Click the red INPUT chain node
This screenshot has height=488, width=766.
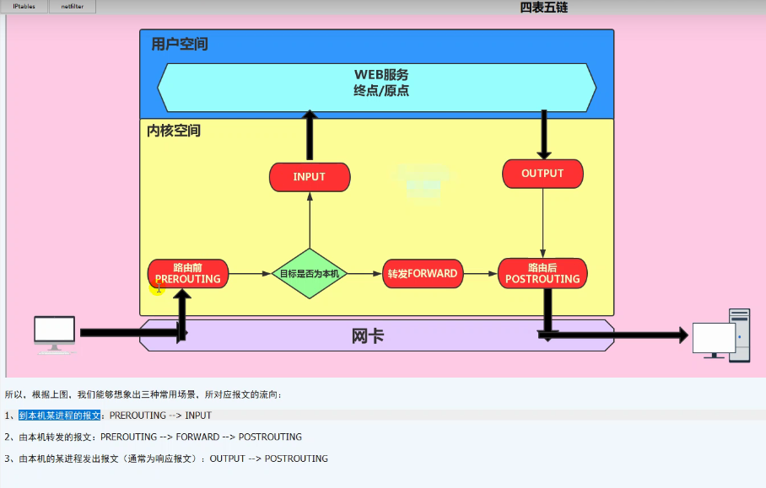[x=309, y=177]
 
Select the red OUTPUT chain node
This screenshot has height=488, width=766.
[x=542, y=174]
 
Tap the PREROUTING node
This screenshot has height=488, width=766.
[x=188, y=274]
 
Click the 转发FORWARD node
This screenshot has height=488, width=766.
[x=423, y=274]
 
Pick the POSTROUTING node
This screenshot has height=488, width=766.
[x=542, y=274]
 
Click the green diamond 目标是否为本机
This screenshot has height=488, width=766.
[x=310, y=274]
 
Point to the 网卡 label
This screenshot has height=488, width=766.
[x=368, y=335]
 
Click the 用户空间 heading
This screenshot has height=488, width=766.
[x=180, y=44]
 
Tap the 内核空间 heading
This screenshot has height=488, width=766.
[x=174, y=131]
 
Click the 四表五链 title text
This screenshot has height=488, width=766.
[x=544, y=7]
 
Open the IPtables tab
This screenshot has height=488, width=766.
[x=24, y=7]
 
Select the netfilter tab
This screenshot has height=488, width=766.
[x=72, y=7]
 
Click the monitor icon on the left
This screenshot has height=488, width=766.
[x=55, y=334]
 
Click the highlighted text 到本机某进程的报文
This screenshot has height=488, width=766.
[x=60, y=416]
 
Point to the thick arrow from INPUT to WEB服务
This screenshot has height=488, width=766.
[x=310, y=135]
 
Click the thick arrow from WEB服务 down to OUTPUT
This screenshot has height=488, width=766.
[x=543, y=135]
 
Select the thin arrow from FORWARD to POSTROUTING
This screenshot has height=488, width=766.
[x=481, y=274]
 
